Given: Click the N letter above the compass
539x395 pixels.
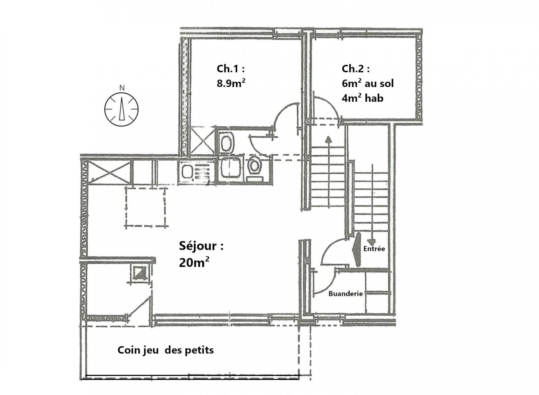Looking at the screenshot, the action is (x=122, y=88).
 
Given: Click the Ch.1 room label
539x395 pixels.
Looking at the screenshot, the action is (x=231, y=69).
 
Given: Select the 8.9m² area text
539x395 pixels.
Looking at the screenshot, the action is (x=231, y=83).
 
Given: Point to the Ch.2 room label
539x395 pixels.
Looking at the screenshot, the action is (x=356, y=69).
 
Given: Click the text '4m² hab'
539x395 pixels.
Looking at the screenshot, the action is (x=363, y=98).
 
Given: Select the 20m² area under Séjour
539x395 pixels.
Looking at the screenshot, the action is (x=194, y=262).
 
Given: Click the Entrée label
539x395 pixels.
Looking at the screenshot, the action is (x=374, y=249).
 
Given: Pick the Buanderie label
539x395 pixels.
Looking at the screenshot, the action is (x=346, y=294).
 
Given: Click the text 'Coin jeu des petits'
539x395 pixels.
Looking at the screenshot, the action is (x=166, y=350).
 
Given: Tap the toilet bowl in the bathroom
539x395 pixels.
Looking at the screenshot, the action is (x=255, y=166).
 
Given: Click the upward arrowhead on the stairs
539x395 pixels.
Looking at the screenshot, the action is (x=328, y=140).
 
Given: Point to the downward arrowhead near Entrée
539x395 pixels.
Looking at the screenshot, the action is (x=372, y=242).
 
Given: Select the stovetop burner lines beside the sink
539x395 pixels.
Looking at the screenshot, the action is (x=202, y=173).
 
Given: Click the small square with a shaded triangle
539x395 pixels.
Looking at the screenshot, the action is (x=141, y=272).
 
